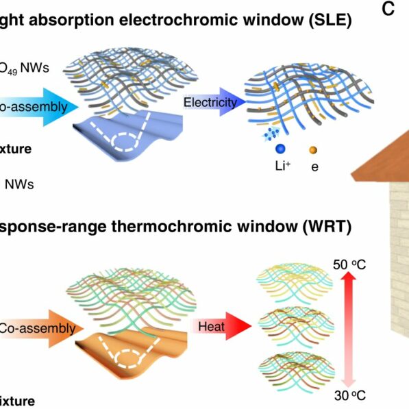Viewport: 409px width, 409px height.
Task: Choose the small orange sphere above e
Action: coord(314,149)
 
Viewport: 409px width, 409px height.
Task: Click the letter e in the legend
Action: coord(314,166)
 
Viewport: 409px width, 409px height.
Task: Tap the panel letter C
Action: coord(388,10)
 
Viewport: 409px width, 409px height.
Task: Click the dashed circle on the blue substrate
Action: coord(127,141)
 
